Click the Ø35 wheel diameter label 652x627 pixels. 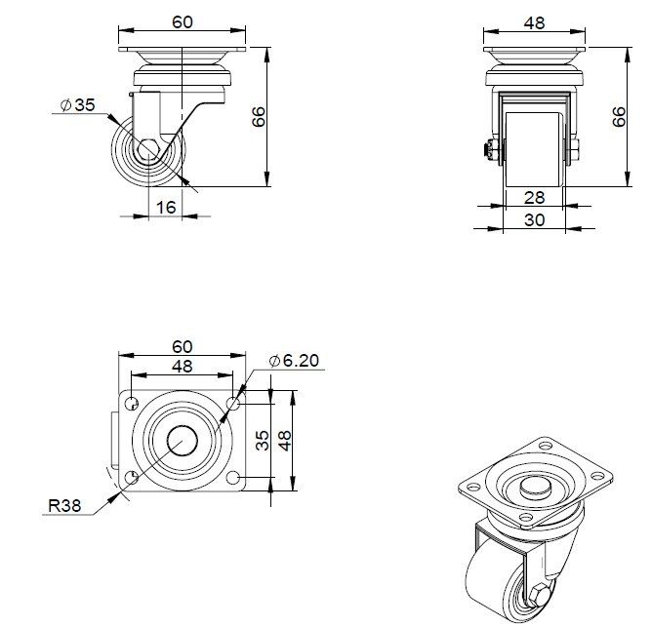(77, 105)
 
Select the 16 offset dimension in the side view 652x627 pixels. (166, 207)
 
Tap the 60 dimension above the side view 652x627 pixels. (182, 22)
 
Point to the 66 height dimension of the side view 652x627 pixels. (259, 117)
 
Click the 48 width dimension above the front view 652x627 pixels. (534, 22)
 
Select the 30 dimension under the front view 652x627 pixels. (534, 220)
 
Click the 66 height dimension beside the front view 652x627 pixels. (618, 117)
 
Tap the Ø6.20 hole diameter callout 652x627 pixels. (294, 361)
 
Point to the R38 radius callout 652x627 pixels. (62, 506)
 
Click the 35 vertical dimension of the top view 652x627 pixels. (262, 440)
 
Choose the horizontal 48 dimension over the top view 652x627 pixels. (182, 367)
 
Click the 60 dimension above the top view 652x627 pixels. (182, 346)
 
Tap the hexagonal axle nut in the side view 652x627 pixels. (149, 151)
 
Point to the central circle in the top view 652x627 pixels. (181, 440)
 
